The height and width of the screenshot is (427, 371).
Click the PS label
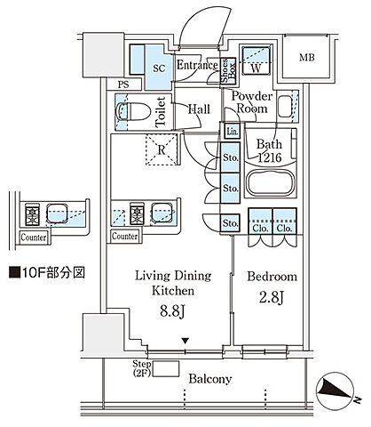(122, 85)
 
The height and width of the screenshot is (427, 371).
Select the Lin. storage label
(231, 132)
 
